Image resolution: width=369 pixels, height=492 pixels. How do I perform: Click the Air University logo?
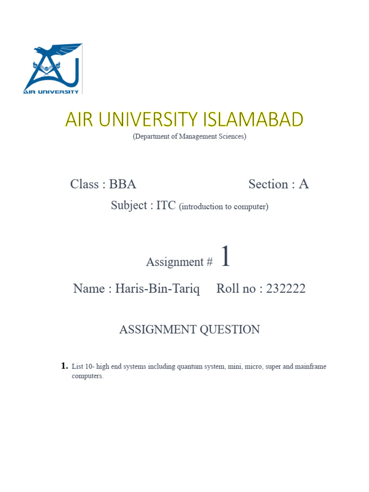(53, 68)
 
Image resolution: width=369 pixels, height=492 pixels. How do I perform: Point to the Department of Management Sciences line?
(189, 136)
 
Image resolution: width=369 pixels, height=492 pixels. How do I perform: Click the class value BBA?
(123, 184)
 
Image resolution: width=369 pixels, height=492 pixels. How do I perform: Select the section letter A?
(303, 184)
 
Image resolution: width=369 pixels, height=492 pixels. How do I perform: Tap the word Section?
(268, 184)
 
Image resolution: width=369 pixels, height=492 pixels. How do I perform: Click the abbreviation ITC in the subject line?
(166, 206)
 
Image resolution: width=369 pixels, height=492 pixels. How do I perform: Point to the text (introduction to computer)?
(223, 207)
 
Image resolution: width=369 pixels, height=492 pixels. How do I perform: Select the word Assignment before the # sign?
(175, 262)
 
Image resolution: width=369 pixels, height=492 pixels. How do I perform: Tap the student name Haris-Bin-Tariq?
(157, 288)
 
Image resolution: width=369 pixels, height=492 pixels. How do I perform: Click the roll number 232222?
(282, 288)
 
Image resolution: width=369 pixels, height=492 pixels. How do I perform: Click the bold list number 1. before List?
(64, 366)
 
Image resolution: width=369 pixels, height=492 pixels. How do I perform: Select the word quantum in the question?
(189, 367)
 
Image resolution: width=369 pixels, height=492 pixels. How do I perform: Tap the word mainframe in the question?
(310, 367)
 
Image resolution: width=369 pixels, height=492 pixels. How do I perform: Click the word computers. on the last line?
(87, 376)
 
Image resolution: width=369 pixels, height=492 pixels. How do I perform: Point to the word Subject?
(129, 206)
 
